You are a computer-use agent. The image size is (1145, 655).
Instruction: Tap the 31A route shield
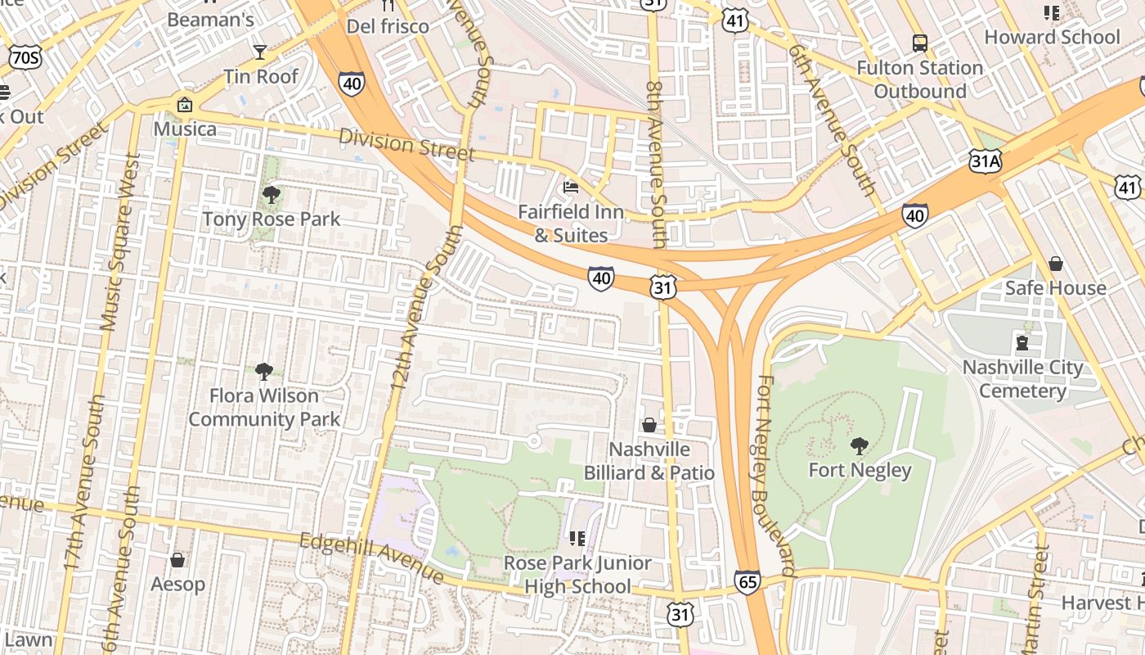tap(985, 161)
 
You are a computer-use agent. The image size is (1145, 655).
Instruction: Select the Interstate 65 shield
tap(747, 582)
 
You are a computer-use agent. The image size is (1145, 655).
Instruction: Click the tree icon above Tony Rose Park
tap(271, 195)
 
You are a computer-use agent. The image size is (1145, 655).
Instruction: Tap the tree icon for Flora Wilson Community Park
tap(263, 372)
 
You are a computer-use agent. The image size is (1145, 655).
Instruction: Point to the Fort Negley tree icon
tap(859, 446)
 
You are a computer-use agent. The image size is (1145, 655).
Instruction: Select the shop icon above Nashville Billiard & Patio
tap(649, 425)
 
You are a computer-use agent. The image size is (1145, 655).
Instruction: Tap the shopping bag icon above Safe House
tap(1055, 264)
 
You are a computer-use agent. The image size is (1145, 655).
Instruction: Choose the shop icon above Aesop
tap(177, 560)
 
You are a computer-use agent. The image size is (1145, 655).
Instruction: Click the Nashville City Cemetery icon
tap(1022, 342)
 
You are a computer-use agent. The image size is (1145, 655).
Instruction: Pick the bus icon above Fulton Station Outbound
tap(919, 43)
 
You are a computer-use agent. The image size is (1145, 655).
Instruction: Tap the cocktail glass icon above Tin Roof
tap(260, 52)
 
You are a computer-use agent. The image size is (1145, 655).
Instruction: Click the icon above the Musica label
tap(185, 105)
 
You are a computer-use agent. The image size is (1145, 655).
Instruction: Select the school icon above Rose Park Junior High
tap(577, 538)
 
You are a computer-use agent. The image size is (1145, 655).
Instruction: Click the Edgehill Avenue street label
tap(371, 559)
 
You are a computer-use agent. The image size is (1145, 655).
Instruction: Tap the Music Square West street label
tap(119, 242)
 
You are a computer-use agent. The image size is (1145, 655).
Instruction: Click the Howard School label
tap(1051, 37)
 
